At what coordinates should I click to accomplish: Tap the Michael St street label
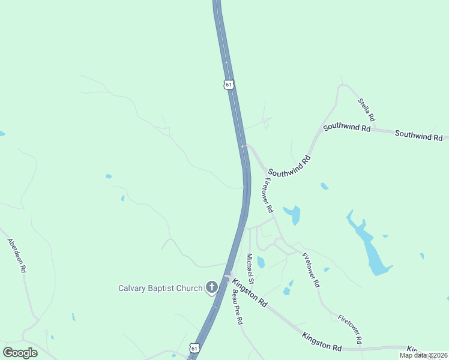click(x=251, y=269)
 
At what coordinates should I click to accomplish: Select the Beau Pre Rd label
click(x=238, y=307)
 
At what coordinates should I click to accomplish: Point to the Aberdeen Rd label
click(x=17, y=256)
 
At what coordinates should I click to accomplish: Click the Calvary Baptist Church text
click(x=160, y=288)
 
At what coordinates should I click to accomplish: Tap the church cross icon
click(x=211, y=288)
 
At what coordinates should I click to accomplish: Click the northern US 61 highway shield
click(x=229, y=85)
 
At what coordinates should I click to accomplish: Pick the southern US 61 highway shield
click(x=194, y=348)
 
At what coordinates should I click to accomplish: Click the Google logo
click(x=20, y=352)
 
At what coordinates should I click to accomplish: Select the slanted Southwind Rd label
click(x=290, y=165)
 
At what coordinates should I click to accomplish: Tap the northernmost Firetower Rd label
click(x=267, y=196)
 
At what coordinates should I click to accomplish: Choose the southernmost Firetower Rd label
click(x=350, y=329)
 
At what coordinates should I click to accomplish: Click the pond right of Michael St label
click(x=261, y=262)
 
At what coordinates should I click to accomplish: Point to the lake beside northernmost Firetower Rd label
click(x=293, y=214)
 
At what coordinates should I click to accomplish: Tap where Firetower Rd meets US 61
click(x=243, y=146)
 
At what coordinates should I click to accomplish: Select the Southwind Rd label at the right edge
click(x=418, y=136)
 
